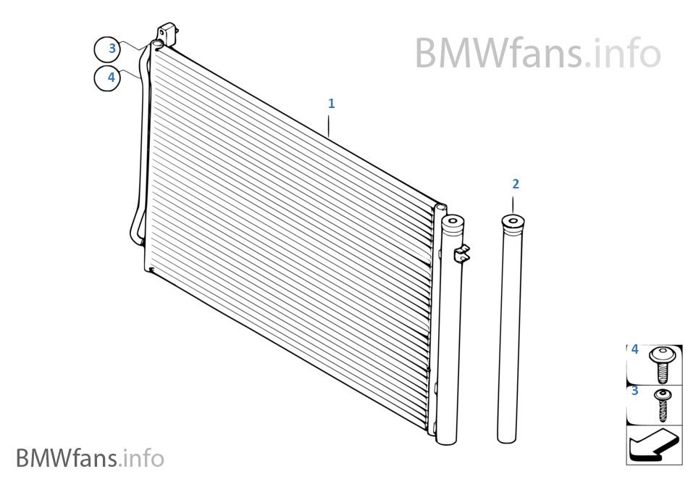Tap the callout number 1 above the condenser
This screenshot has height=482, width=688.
point(331,104)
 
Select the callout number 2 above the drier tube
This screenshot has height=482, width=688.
point(515,184)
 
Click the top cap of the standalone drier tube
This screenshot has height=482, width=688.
point(512,221)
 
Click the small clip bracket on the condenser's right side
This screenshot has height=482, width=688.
point(461,254)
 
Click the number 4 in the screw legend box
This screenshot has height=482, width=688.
point(635,350)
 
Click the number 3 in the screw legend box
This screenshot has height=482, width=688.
point(635,391)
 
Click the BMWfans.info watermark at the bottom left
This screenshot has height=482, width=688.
point(90,458)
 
